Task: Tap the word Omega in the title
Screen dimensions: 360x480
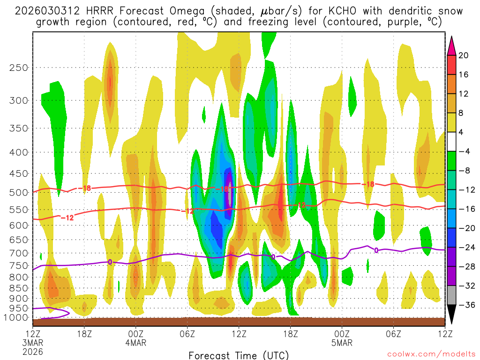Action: coord(169,11)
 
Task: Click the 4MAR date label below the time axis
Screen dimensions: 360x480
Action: coord(136,343)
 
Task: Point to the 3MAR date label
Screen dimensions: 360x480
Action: coord(33,343)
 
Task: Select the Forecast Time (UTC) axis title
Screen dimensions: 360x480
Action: coord(239,355)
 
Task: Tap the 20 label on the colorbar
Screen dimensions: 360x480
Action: coord(464,55)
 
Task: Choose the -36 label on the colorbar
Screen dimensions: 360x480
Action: coord(464,305)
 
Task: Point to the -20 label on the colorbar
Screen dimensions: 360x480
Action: coord(464,228)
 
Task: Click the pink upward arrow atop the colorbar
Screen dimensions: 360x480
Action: coord(452,45)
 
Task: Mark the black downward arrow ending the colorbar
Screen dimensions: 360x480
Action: coord(452,315)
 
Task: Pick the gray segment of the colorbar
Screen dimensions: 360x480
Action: coord(452,295)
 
